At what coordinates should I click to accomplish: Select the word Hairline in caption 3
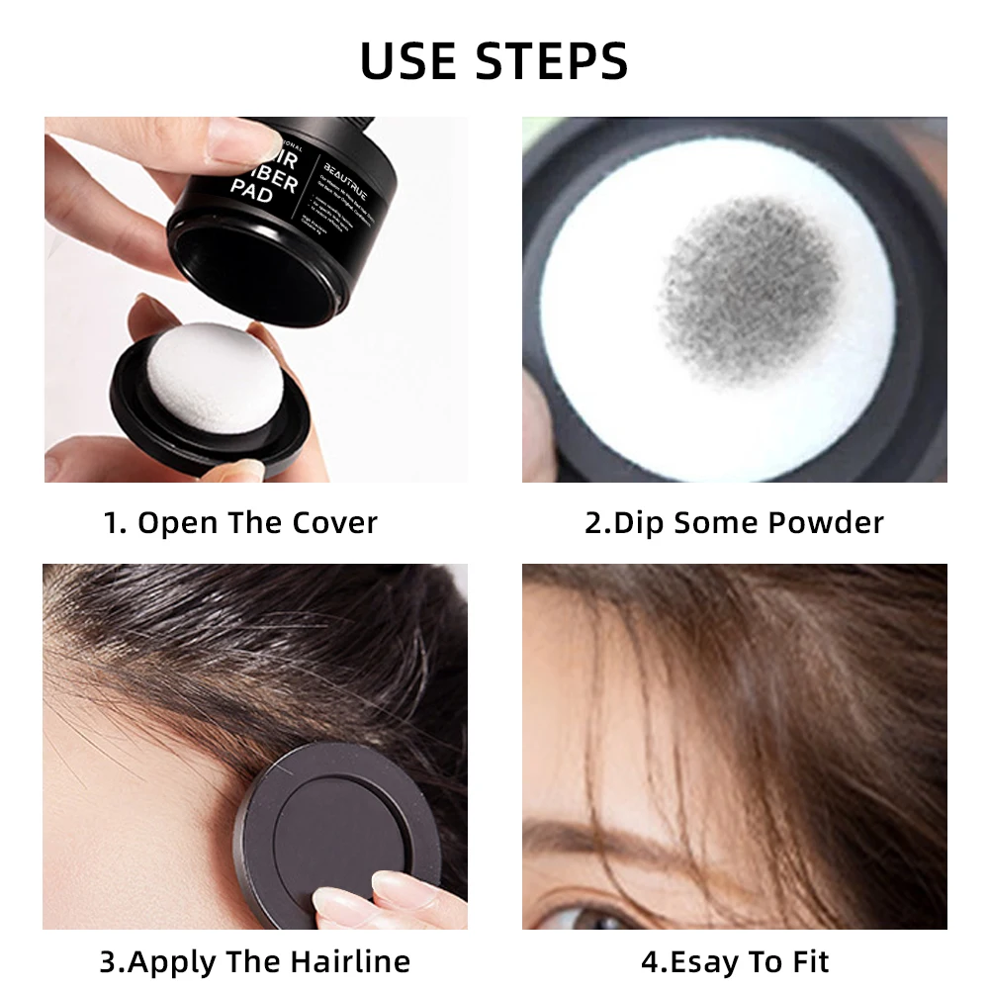tap(350, 961)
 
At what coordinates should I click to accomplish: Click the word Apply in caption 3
tap(175, 961)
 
